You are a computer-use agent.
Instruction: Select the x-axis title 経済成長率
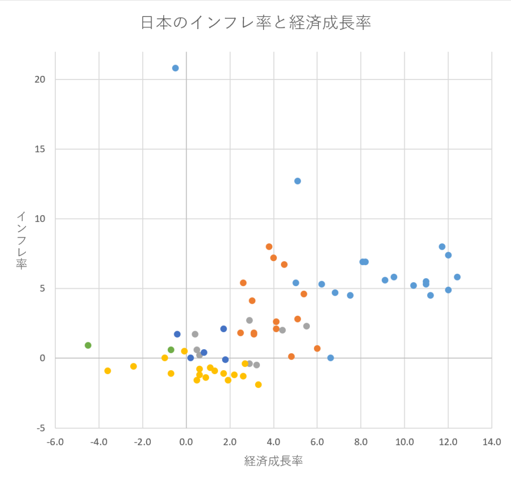tap(273, 461)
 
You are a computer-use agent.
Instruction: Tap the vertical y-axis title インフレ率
tap(21, 240)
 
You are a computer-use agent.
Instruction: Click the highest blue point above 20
tap(175, 68)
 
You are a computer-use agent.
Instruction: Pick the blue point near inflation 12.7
tap(297, 181)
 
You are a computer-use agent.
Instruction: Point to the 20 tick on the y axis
tap(40, 79)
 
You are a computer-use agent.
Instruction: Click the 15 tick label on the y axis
tap(40, 149)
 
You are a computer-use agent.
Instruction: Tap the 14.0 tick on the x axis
tap(492, 442)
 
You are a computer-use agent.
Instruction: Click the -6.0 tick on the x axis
tap(55, 442)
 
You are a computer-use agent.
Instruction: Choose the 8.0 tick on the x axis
tap(361, 442)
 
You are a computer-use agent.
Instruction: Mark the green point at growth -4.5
tap(88, 345)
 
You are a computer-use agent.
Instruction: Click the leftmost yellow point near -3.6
tap(107, 371)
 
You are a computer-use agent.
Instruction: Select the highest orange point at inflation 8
tap(269, 247)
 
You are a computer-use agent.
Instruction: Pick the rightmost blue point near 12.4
tap(457, 277)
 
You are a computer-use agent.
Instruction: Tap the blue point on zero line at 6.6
tap(330, 358)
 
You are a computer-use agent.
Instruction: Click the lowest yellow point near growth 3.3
tap(258, 385)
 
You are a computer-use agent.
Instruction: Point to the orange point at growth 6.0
tap(317, 349)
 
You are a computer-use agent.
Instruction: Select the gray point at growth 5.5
tap(306, 326)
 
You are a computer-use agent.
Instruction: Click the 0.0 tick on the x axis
tap(186, 442)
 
